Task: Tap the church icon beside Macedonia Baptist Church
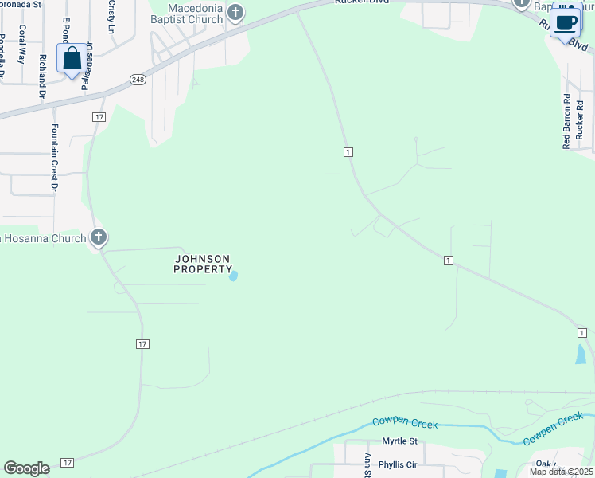(x=235, y=12)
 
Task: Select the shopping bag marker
(x=72, y=59)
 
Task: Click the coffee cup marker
(x=566, y=23)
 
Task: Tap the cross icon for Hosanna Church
(x=98, y=237)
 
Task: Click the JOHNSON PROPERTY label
(x=203, y=264)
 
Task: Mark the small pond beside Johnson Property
(x=233, y=276)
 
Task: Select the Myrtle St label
(x=399, y=441)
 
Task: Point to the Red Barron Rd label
(x=567, y=122)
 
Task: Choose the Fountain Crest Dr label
(x=55, y=158)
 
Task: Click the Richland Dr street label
(x=42, y=76)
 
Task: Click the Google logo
(x=26, y=468)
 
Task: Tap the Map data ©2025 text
(x=561, y=472)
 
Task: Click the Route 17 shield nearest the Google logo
(x=68, y=463)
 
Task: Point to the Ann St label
(x=368, y=465)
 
